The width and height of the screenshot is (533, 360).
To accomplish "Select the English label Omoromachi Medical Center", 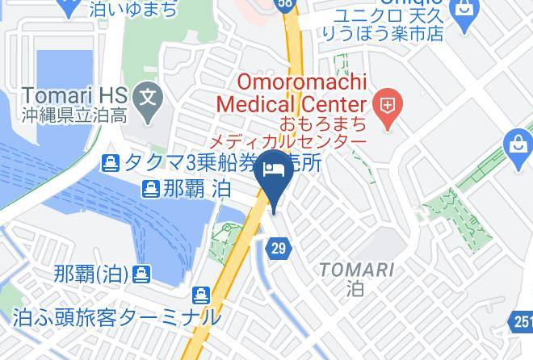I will point(292,93).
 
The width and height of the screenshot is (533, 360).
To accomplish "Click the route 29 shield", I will point(278,249).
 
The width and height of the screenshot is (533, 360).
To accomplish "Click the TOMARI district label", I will point(356,270).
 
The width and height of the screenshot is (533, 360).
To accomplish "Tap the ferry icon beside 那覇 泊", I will point(150,190).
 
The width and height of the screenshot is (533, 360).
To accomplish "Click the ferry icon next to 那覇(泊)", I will point(141,274).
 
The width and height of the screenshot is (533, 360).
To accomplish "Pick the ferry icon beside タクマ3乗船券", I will point(111,164).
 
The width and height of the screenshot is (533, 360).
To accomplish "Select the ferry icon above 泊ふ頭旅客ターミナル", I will point(201,296).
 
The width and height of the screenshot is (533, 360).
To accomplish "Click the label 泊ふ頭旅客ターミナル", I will point(116,317).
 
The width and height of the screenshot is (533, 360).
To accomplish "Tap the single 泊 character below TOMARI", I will point(355,287).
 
